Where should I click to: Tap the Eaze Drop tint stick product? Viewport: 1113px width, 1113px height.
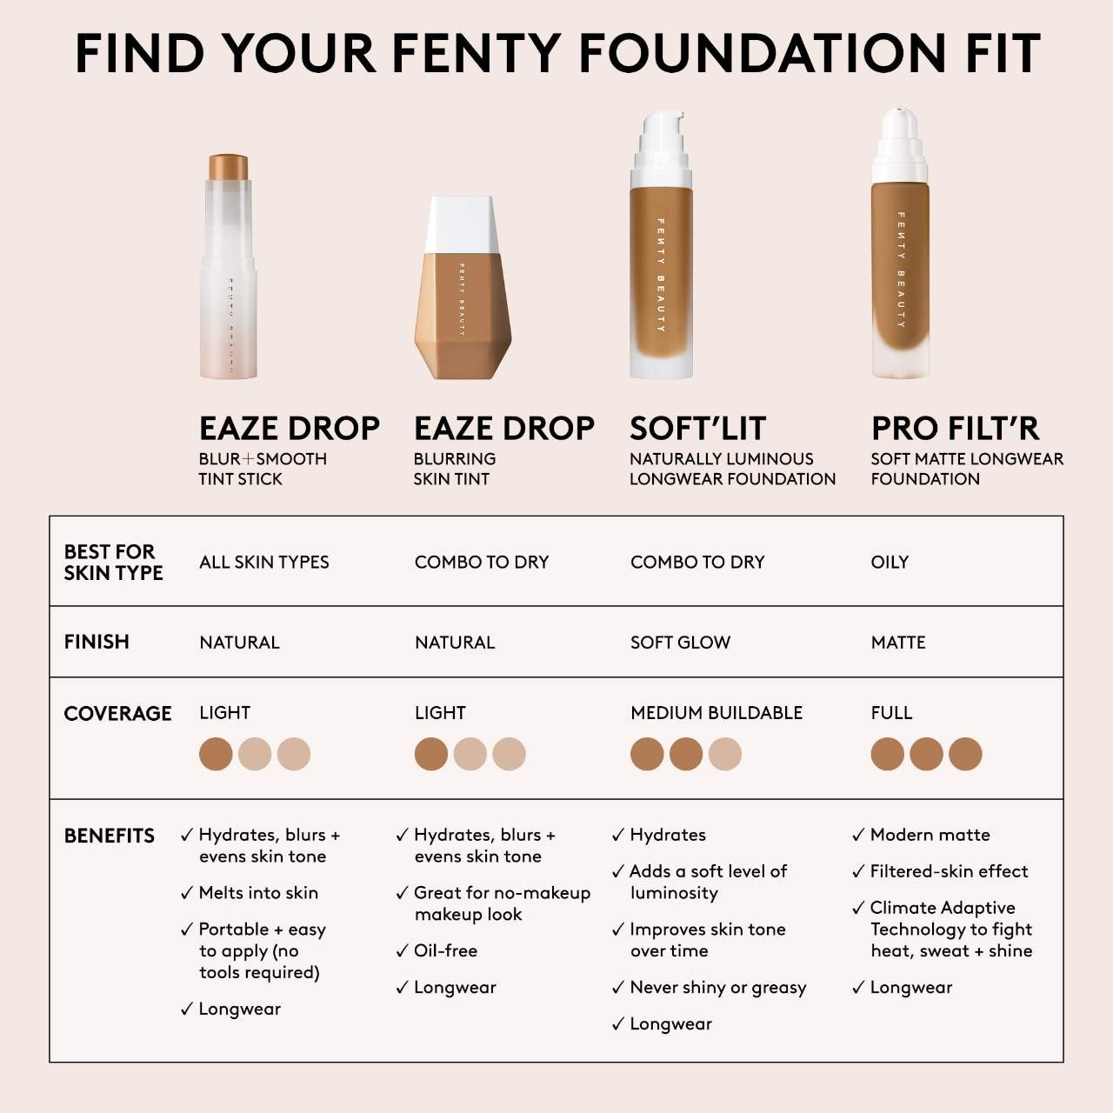[229, 270]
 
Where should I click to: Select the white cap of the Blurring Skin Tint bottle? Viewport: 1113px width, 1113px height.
[461, 224]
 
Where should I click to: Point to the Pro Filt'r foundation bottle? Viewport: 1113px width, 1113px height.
[900, 261]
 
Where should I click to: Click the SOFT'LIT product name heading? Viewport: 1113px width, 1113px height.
[697, 429]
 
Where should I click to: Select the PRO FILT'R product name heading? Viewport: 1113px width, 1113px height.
[955, 429]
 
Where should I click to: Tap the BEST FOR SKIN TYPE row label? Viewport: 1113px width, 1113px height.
[113, 562]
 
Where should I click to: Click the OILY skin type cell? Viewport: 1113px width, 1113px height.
[890, 563]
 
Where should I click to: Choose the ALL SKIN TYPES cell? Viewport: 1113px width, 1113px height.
[263, 563]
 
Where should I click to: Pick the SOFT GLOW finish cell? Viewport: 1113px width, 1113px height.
[680, 643]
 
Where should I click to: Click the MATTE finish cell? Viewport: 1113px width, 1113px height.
[898, 643]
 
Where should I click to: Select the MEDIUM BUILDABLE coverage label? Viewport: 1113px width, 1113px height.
[716, 713]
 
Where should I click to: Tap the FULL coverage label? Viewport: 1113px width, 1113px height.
[891, 713]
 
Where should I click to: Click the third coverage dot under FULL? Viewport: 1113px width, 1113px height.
[965, 754]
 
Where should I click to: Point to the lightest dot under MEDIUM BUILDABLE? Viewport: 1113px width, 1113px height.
[725, 754]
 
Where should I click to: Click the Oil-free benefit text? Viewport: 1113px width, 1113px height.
[445, 951]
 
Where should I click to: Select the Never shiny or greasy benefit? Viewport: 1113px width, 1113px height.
[717, 988]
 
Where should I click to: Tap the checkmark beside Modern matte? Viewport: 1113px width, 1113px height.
[858, 836]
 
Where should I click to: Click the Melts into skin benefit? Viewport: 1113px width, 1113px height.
[258, 893]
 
